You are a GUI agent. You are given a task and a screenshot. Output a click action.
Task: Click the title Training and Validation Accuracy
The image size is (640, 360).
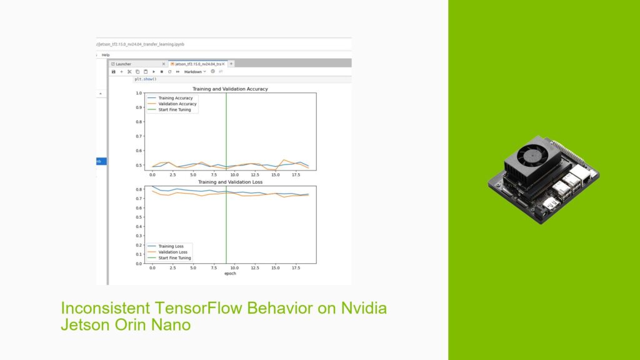point(230,89)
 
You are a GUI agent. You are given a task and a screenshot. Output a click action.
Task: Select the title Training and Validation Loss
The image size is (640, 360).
point(230,182)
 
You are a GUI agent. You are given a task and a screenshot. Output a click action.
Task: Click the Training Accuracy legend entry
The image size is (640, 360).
point(176,98)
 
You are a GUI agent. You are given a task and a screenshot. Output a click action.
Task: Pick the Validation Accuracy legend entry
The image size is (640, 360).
point(177,104)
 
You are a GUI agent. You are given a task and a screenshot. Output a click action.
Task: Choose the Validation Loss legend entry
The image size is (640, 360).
point(172,252)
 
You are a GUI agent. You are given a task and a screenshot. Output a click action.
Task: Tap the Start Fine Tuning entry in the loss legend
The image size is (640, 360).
point(174,257)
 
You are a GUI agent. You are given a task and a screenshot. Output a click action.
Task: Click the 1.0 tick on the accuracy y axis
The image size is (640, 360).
point(140,93)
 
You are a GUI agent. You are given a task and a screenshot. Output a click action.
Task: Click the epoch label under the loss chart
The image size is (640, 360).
point(230,274)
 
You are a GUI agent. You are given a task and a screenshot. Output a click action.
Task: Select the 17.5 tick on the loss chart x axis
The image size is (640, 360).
point(295,267)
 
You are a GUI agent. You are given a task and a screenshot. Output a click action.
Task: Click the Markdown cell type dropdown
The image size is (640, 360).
point(195,72)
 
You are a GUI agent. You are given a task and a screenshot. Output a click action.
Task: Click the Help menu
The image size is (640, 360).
point(106,55)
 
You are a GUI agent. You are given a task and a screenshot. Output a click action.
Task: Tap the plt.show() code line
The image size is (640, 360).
point(146,79)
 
